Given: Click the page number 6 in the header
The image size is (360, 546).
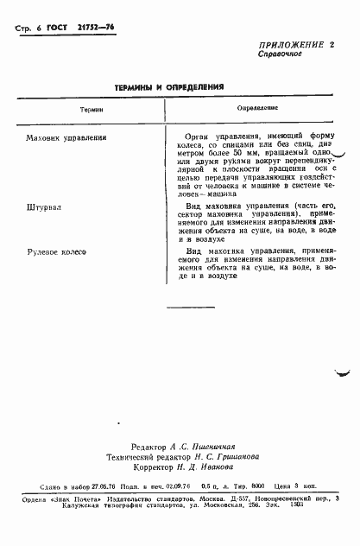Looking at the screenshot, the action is pos(42,28).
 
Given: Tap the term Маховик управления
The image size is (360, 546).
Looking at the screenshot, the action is pos(66,136).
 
